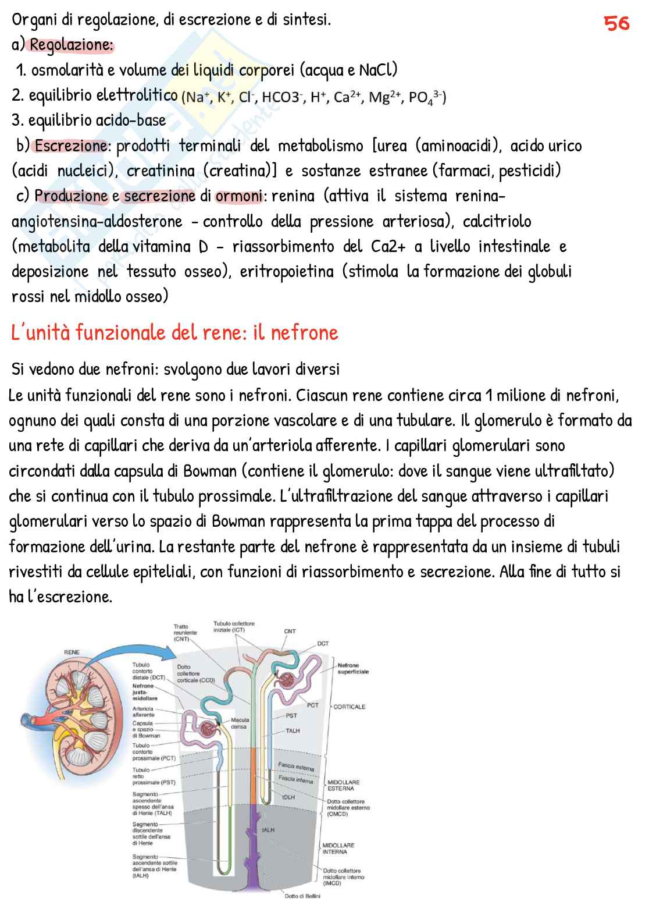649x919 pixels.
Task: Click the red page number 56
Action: point(616,23)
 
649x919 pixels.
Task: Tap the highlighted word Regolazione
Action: point(72,45)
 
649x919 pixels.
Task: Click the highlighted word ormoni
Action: point(238,196)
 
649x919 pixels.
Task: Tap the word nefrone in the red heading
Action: point(305,333)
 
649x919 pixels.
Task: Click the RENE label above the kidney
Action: point(72,652)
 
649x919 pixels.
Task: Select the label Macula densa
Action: point(240,723)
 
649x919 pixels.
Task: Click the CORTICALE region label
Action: point(349,707)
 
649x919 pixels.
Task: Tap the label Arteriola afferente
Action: point(143,711)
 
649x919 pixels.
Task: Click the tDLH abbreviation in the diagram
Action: point(288,797)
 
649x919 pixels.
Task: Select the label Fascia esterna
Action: point(296,767)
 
